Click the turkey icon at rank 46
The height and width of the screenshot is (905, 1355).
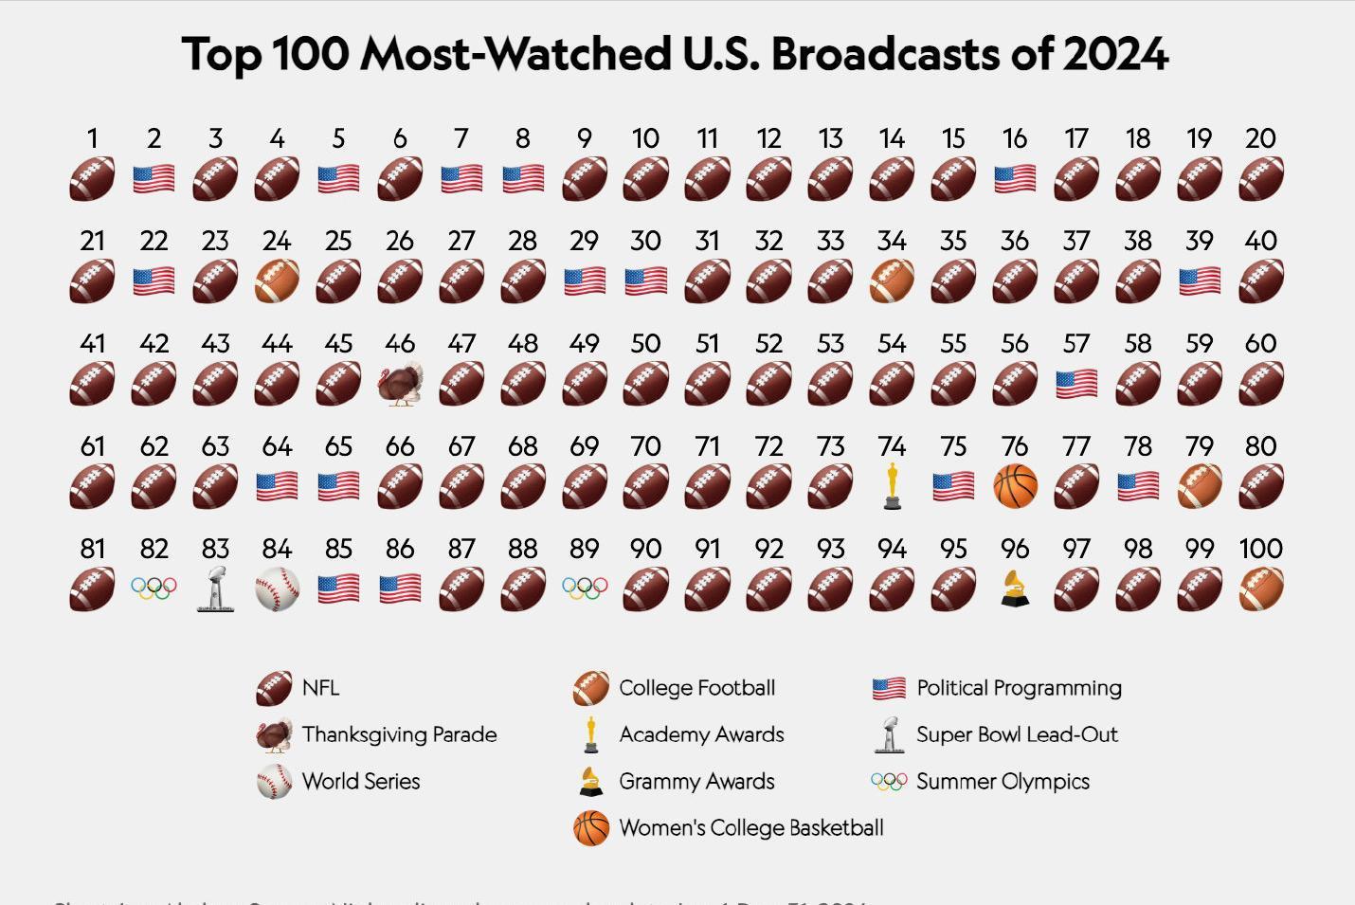(400, 385)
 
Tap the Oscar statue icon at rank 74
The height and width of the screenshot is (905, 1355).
(892, 486)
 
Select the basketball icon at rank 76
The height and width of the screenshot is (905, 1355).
(1015, 486)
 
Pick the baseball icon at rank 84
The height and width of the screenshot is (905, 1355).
(277, 589)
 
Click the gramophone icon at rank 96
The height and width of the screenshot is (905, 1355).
(1015, 588)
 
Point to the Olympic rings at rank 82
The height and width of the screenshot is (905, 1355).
(154, 589)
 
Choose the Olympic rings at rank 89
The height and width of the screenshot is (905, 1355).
(585, 589)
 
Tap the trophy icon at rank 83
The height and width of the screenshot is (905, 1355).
(215, 588)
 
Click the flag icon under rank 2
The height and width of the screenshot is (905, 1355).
(154, 179)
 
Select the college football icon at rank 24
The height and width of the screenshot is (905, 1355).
(277, 281)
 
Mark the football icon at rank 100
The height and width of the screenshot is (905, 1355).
(1261, 589)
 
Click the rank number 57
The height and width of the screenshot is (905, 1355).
(1076, 343)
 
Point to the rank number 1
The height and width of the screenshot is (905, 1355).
(92, 138)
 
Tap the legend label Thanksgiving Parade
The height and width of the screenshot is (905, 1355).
(399, 734)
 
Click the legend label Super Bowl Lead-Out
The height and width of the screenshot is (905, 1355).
(1017, 734)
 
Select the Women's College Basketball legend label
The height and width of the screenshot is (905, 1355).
(750, 827)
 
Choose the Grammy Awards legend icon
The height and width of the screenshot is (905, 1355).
(590, 782)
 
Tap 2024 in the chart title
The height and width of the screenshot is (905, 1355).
(1115, 54)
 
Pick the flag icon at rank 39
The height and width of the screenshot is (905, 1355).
(1200, 281)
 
